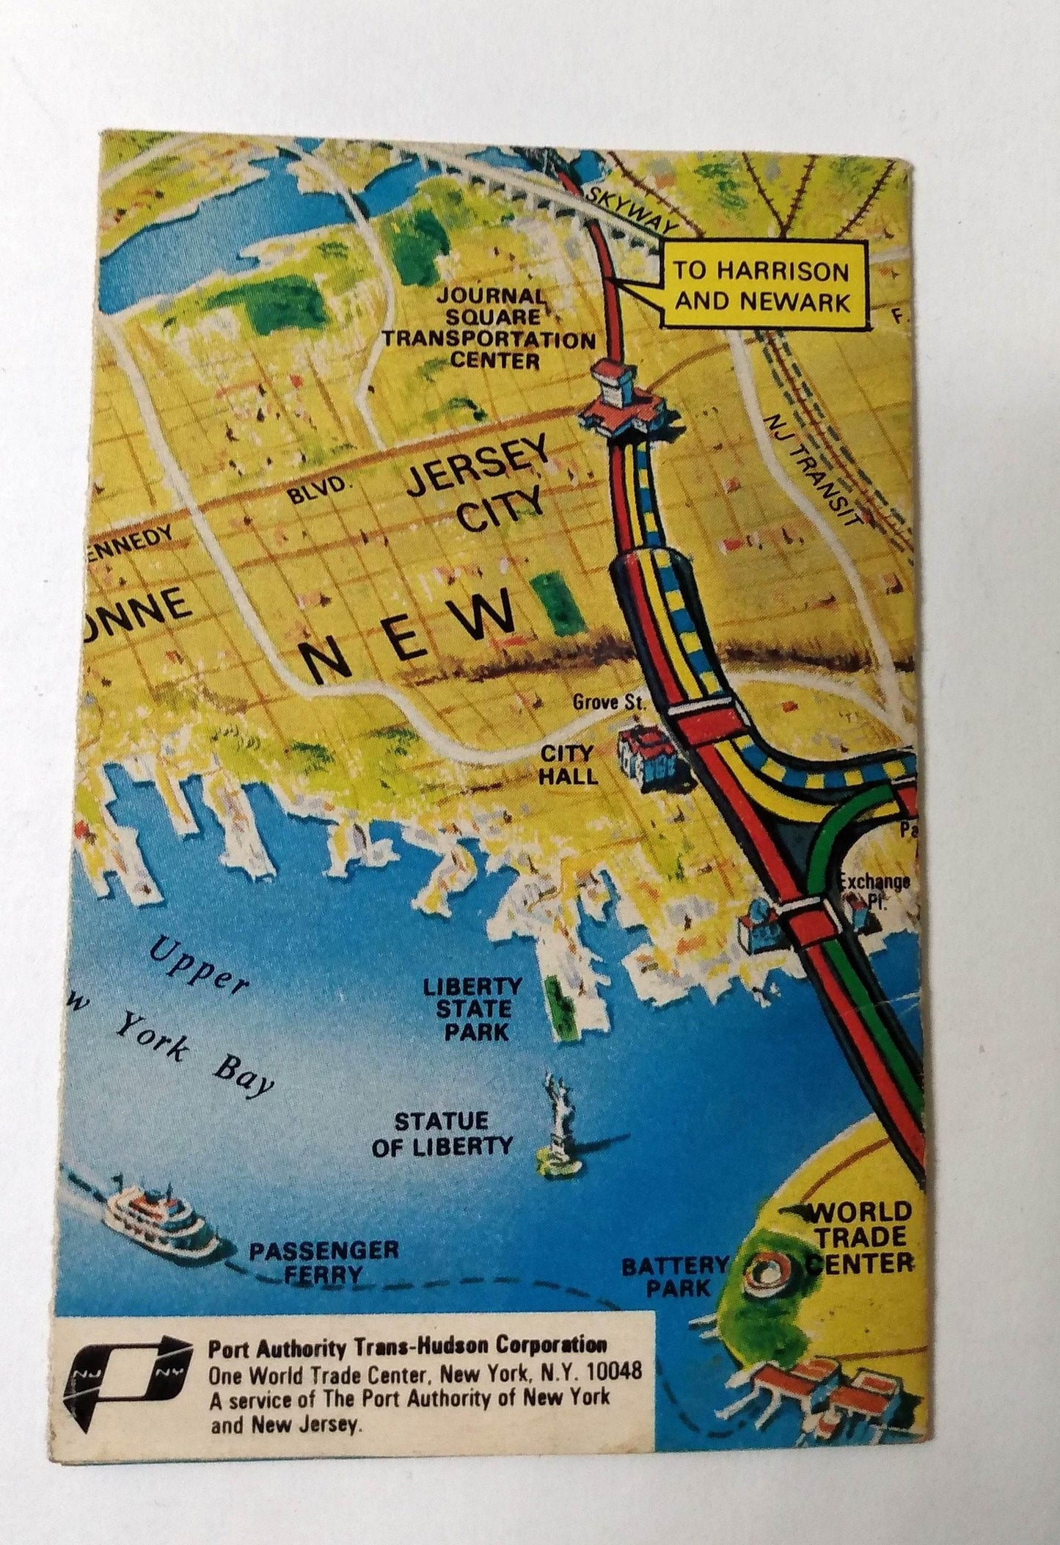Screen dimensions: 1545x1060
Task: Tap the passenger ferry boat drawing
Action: coord(161,1222)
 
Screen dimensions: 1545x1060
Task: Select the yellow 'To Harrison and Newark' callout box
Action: coord(762,287)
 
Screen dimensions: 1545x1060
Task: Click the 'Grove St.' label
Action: coord(608,702)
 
